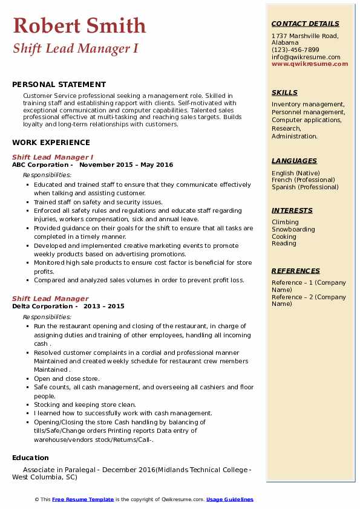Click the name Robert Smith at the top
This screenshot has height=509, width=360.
79,25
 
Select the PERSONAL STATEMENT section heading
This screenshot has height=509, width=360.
59,85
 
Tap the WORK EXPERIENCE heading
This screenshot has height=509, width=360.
51,143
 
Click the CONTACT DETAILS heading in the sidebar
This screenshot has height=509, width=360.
305,24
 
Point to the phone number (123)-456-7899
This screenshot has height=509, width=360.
295,50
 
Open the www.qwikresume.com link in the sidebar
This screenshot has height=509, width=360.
310,63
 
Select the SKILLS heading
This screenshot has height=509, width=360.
284,92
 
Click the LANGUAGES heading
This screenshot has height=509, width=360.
294,161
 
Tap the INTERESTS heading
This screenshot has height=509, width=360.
292,210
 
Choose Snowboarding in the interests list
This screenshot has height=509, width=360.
293,230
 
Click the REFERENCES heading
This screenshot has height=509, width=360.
296,271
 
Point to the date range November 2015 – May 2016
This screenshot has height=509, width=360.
126,165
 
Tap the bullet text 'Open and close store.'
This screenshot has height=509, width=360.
67,378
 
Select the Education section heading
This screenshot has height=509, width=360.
30,458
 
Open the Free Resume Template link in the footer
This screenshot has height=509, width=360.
83,499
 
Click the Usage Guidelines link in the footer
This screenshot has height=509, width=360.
230,499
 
